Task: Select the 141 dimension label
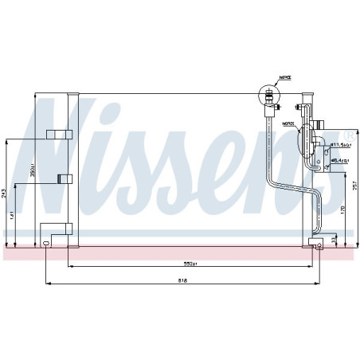(13, 214)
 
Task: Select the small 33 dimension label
(334, 239)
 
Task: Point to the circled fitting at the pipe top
(268, 94)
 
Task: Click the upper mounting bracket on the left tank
(59, 134)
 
